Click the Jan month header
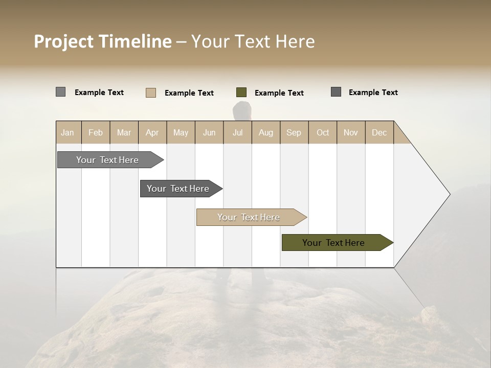68,132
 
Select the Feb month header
96,132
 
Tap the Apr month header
152,132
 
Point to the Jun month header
209,132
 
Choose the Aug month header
266,132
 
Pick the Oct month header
323,132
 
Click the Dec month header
380,132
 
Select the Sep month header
294,132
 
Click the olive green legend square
241,93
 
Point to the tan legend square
151,93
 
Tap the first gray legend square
61,92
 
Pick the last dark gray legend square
336,92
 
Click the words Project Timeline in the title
103,41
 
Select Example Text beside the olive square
279,93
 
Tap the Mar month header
124,132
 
